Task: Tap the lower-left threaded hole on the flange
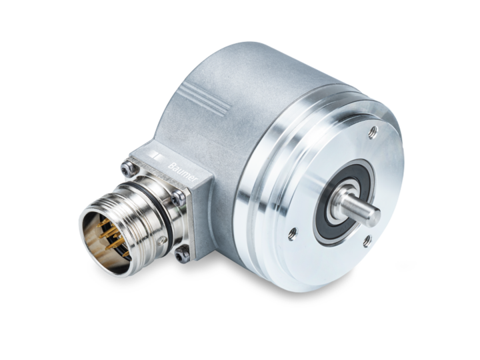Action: pyautogui.click(x=291, y=233)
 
